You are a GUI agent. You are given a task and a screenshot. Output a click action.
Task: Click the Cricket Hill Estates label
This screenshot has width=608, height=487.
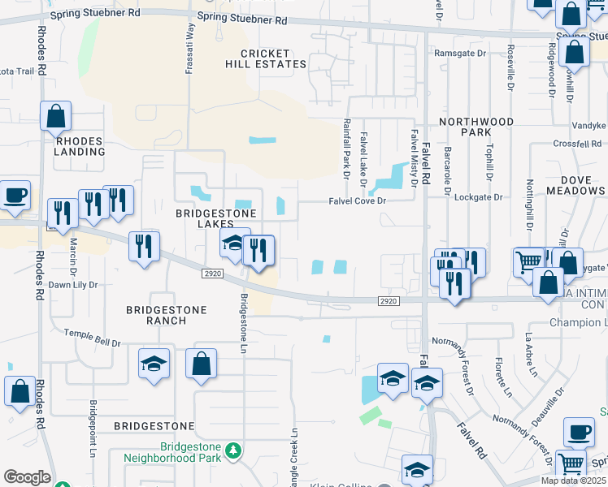click(x=267, y=58)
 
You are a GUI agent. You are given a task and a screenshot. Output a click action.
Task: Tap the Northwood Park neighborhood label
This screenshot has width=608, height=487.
click(x=476, y=127)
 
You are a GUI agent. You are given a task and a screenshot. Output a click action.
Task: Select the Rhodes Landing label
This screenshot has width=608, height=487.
click(x=80, y=147)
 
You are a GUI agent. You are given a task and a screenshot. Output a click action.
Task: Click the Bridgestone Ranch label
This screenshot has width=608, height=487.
click(x=167, y=315)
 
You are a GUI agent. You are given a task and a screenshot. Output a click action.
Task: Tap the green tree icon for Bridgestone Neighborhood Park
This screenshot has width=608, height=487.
click(x=233, y=450)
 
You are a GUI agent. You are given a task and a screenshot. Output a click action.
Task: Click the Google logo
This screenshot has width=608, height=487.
click(x=26, y=477)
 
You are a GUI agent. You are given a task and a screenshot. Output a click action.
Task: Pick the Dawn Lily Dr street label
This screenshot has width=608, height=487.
click(x=72, y=285)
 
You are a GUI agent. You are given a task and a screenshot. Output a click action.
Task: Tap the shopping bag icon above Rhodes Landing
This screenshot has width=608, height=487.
click(x=55, y=117)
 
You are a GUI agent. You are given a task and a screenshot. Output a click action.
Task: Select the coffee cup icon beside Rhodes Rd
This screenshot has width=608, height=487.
click(x=15, y=195)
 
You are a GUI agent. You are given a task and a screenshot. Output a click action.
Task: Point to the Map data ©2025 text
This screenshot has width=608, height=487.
click(x=573, y=481)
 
